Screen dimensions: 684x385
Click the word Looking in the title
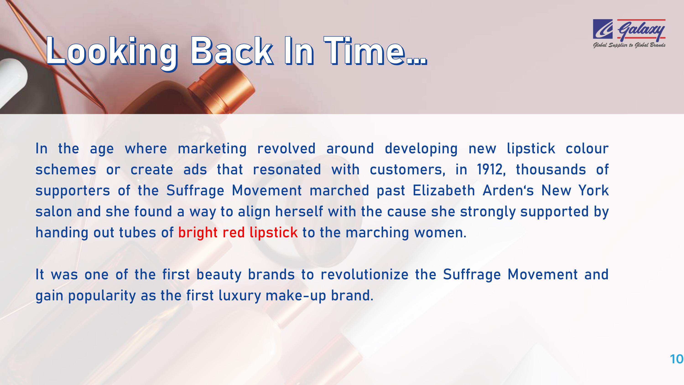coord(112,53)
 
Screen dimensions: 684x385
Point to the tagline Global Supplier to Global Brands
coord(629,45)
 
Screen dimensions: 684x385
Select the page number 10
coord(676,359)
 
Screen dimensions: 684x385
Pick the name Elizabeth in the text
coord(443,190)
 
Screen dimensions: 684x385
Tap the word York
coord(594,190)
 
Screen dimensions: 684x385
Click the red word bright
coord(198,233)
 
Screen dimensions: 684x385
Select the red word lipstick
coord(274,233)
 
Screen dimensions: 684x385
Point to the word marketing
coord(212,149)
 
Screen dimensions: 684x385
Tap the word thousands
coord(551,169)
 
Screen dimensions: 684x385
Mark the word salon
coord(54,212)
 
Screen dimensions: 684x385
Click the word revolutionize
coord(364,274)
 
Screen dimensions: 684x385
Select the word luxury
coord(240,296)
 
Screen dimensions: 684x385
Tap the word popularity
coord(102,296)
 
